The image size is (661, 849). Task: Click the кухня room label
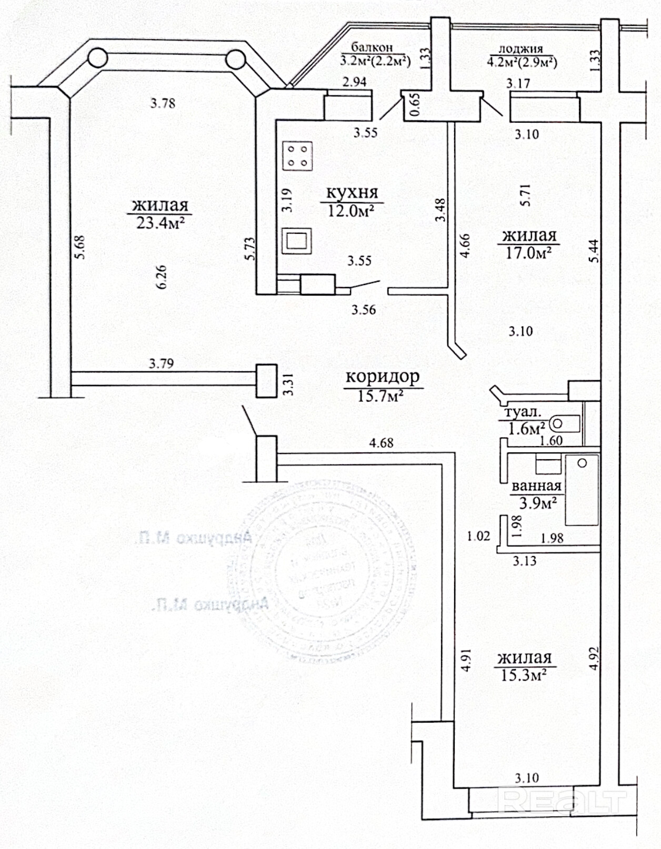click(352, 193)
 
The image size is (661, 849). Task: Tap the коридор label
click(382, 377)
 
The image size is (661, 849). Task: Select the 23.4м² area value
click(160, 223)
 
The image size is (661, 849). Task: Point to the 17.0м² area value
click(528, 253)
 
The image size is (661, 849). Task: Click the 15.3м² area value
click(523, 675)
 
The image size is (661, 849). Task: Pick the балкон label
click(372, 47)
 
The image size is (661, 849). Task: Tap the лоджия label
click(520, 49)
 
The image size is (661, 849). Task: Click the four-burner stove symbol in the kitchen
click(297, 156)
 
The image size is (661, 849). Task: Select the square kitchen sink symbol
click(297, 241)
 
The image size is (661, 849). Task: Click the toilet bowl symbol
click(564, 423)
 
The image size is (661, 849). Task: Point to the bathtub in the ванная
click(582, 490)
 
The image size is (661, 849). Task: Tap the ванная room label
click(536, 486)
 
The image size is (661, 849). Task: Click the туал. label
click(522, 412)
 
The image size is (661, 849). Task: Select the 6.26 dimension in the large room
click(161, 277)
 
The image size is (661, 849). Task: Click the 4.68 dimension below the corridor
click(381, 443)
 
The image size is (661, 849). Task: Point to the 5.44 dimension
click(594, 251)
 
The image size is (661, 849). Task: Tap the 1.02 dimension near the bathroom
click(478, 536)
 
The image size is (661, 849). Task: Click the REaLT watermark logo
click(563, 801)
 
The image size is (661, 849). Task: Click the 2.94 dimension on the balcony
click(354, 82)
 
